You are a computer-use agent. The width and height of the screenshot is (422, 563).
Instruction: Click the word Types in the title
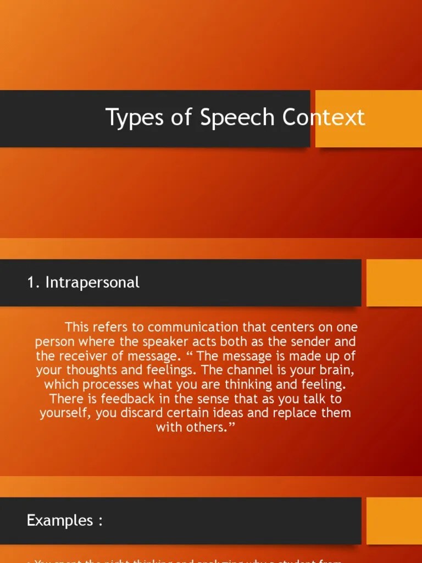pos(128,118)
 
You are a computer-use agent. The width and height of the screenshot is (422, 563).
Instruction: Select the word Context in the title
pos(324,118)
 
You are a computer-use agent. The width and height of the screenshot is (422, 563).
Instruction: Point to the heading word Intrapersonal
pos(92,283)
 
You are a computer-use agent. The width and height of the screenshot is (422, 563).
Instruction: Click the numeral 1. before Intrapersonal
pos(34,283)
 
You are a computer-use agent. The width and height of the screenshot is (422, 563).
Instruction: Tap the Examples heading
pos(64,521)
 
